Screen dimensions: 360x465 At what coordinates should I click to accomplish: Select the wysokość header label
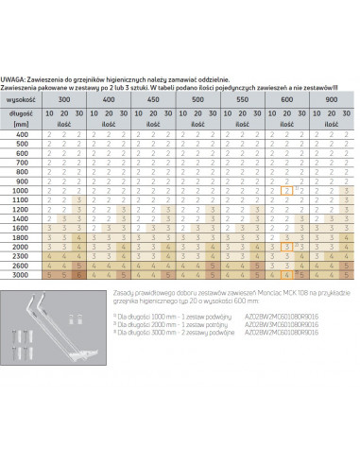click(21, 97)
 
